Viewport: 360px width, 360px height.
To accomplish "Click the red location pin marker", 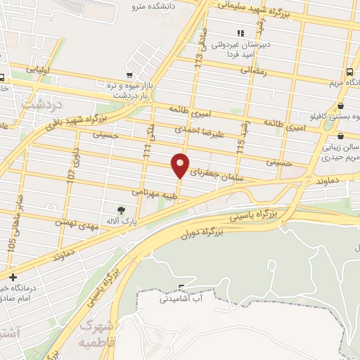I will [x=181, y=165].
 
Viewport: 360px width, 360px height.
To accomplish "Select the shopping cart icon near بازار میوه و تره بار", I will [x=128, y=75].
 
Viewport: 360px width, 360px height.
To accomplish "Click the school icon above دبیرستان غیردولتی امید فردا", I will [x=240, y=33].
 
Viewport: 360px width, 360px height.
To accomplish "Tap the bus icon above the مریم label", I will [x=350, y=72].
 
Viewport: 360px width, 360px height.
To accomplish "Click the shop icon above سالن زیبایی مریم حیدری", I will [x=340, y=136].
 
